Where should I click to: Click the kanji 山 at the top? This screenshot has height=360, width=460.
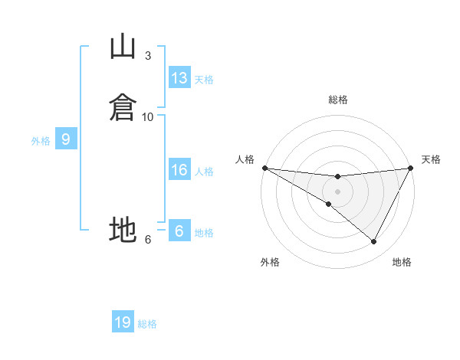(123, 46)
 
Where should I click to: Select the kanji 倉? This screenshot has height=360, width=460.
(123, 107)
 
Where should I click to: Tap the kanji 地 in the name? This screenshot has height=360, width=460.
(123, 229)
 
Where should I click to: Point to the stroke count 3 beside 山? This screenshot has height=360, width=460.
(148, 56)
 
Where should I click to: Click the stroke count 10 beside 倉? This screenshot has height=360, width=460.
(147, 117)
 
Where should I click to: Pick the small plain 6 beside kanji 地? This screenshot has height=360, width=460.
(148, 240)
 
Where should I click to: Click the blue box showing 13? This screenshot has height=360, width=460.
(179, 77)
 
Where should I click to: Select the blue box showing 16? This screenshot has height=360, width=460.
(179, 169)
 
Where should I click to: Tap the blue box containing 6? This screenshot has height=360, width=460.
(179, 230)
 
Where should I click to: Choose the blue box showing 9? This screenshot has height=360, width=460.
(66, 139)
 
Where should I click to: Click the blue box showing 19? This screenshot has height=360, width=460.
(123, 321)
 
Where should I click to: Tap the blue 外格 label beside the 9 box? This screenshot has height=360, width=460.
(41, 141)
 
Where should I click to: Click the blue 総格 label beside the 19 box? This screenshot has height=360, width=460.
(147, 324)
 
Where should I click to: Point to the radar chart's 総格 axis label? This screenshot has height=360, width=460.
(338, 100)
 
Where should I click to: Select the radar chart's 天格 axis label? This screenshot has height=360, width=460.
(431, 159)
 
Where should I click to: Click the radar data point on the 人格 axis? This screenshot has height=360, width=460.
(265, 168)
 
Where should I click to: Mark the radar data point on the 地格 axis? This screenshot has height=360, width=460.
(373, 241)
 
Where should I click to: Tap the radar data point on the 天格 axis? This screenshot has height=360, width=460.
(410, 168)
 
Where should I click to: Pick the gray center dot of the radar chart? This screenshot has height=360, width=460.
(337, 191)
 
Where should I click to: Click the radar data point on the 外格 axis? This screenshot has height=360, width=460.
(329, 204)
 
